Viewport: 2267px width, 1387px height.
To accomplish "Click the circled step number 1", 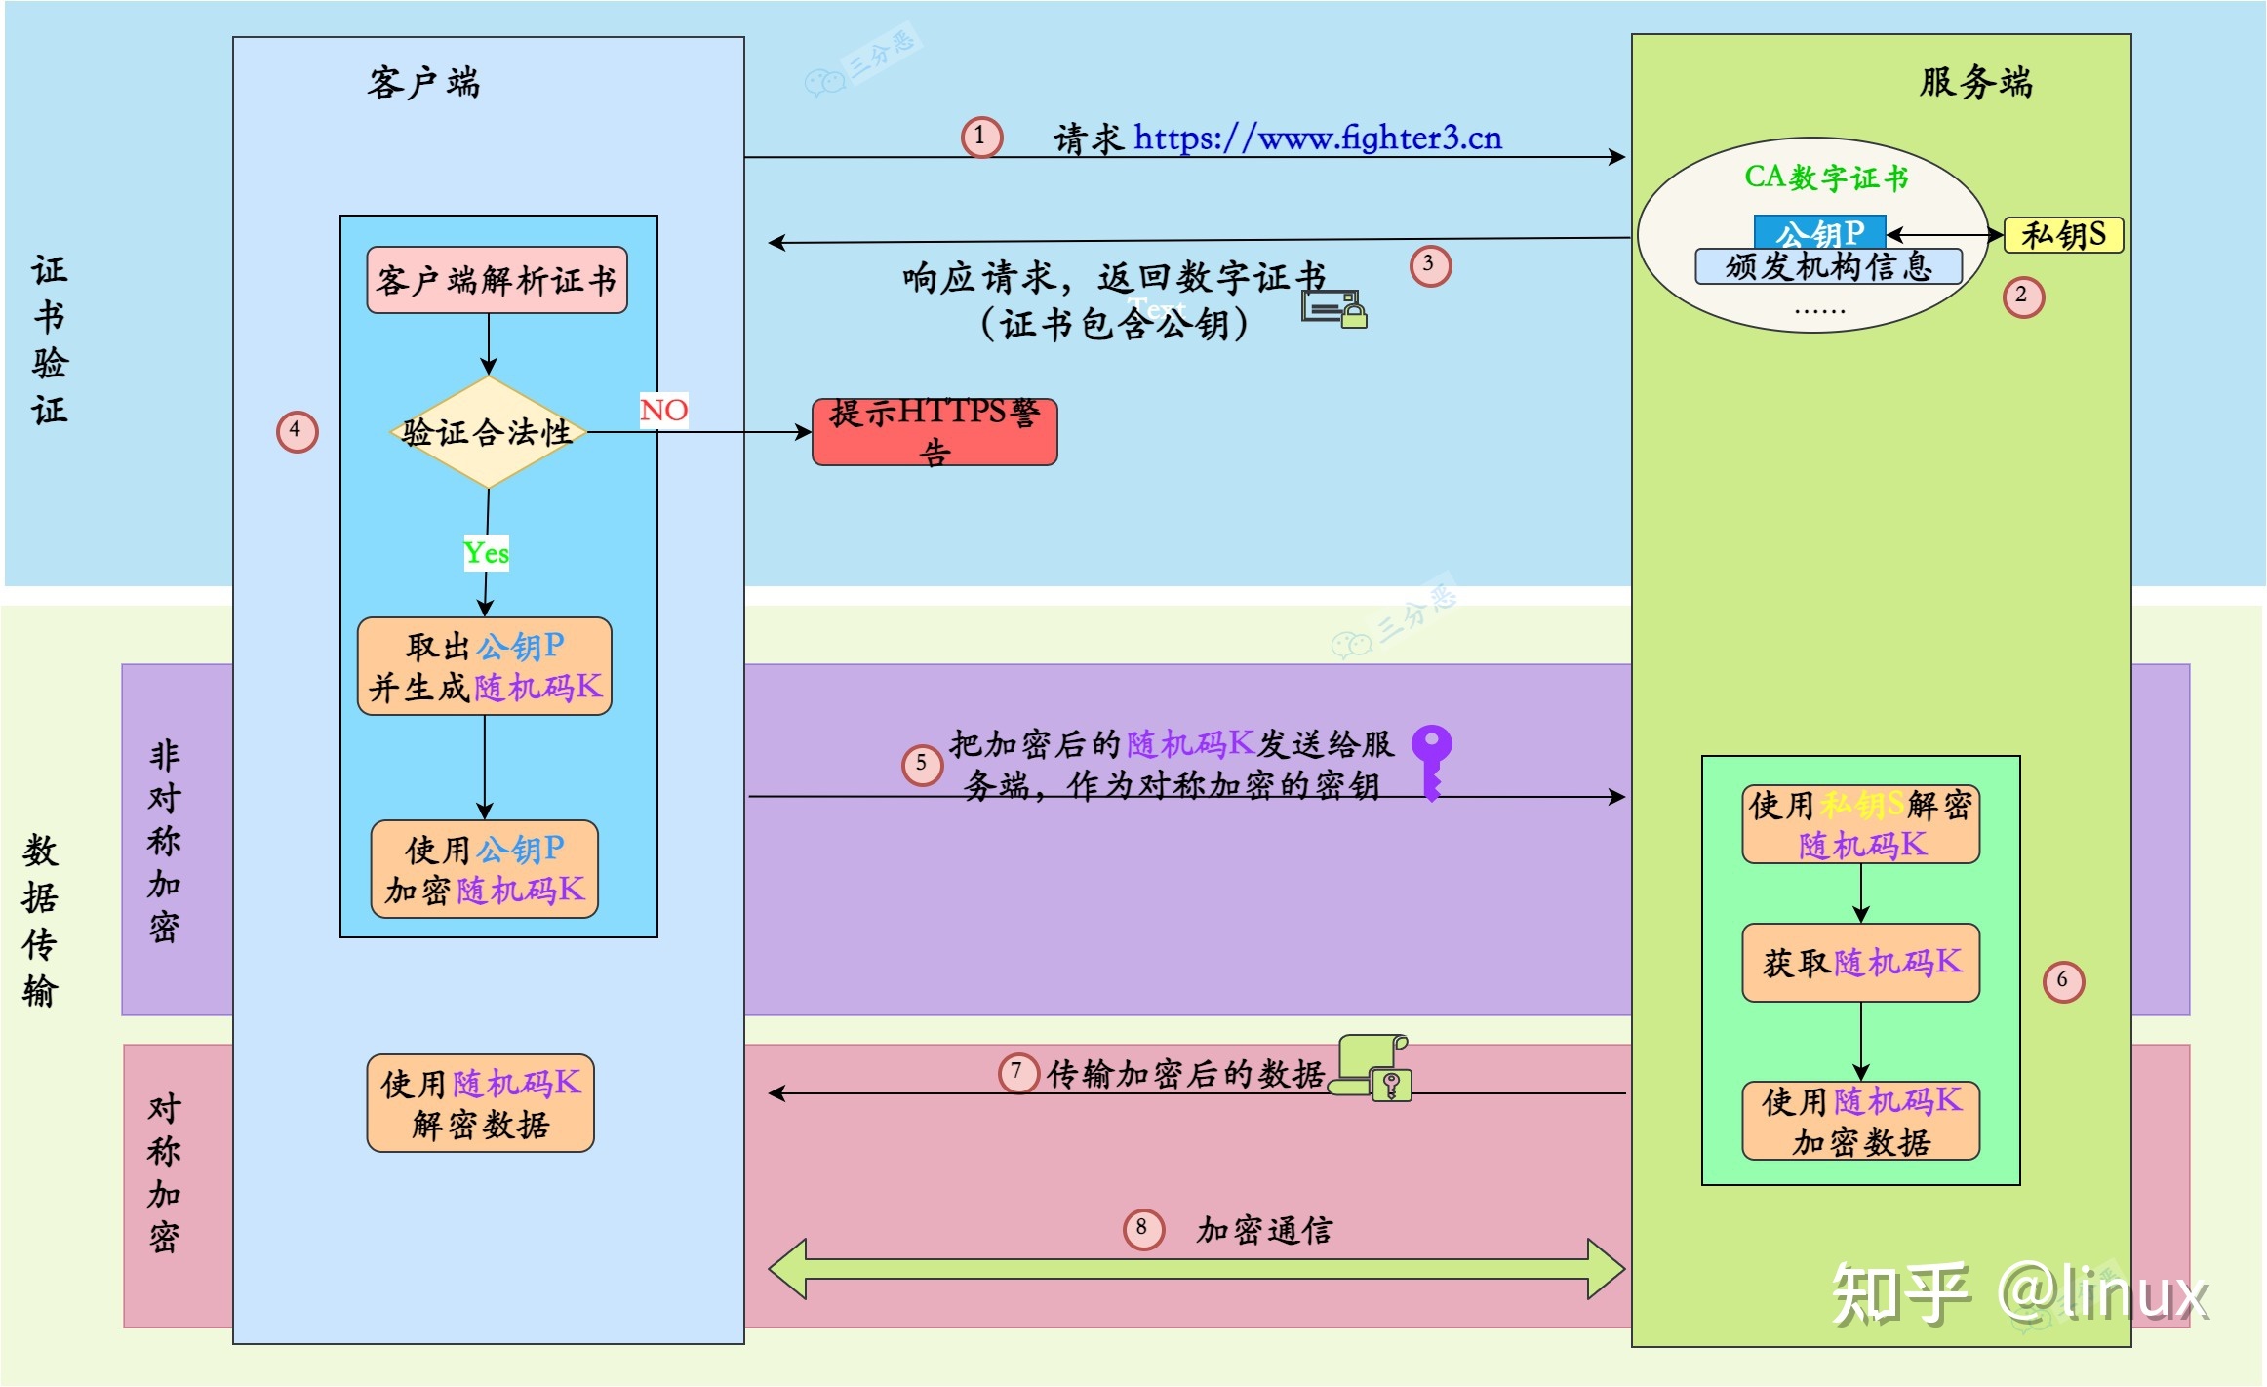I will (x=981, y=137).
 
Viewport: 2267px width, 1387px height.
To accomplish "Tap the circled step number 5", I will (x=922, y=764).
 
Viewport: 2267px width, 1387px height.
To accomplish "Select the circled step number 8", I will (x=1143, y=1229).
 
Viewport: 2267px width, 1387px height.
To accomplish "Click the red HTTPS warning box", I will (x=935, y=432).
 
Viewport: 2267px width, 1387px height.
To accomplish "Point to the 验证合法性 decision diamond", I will (x=488, y=432).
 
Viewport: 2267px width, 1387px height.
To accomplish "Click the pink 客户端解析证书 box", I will (x=497, y=281).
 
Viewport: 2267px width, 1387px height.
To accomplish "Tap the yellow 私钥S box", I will (x=2063, y=235).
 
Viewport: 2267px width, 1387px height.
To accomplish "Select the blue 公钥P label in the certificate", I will (x=1819, y=232).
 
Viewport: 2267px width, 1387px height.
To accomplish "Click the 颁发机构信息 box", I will (x=1828, y=266).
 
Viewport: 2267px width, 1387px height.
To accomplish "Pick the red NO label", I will (x=664, y=410).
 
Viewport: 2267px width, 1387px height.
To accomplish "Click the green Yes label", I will (x=486, y=554).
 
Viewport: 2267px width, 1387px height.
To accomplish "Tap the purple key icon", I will (x=1431, y=760).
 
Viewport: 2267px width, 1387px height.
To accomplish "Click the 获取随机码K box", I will (x=1860, y=963).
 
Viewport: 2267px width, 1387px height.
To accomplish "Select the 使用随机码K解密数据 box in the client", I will (x=480, y=1103).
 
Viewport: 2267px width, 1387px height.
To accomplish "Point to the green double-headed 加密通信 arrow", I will (x=1196, y=1269).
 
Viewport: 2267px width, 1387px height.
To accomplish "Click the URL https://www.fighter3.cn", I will (x=1317, y=139).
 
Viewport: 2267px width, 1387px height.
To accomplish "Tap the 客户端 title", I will (x=423, y=83).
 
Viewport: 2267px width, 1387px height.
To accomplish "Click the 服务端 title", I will (x=1976, y=82).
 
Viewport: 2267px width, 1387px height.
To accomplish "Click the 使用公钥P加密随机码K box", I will (x=484, y=869).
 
